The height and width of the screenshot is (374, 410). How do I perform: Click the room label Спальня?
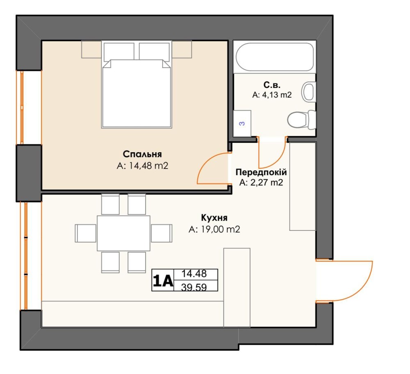click(x=142, y=154)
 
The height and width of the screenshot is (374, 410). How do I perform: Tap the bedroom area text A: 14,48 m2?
click(x=142, y=166)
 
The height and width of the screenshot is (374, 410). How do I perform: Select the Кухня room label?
click(x=214, y=218)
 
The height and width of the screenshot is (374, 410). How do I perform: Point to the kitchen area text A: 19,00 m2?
click(x=214, y=229)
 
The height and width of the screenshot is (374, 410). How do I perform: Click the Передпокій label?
click(x=261, y=172)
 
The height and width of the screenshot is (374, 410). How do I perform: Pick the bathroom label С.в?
click(x=272, y=85)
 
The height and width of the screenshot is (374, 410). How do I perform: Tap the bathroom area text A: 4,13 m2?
click(x=272, y=95)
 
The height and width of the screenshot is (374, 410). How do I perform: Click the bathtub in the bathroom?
click(x=275, y=57)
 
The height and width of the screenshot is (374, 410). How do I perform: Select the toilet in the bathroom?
click(x=301, y=120)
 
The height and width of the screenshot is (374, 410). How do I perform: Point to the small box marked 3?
click(x=242, y=123)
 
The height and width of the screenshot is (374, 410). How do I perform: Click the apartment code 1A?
click(x=163, y=280)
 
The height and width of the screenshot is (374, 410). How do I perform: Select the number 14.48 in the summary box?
click(x=194, y=273)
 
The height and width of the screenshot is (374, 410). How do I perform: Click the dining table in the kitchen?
click(x=124, y=233)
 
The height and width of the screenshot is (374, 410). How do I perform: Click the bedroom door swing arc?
click(x=207, y=160)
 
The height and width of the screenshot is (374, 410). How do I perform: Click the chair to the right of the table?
click(x=162, y=233)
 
